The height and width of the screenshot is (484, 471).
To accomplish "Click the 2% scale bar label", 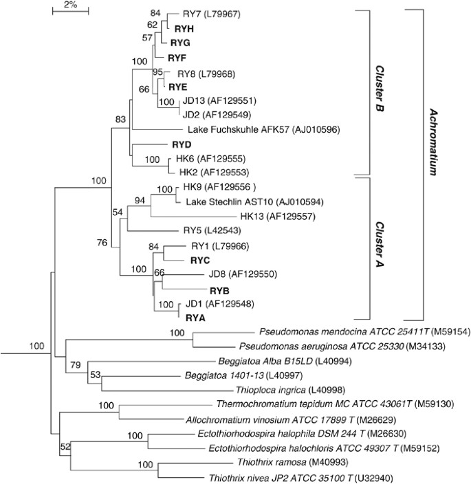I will (69, 5).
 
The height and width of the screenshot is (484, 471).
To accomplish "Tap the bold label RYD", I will (181, 145).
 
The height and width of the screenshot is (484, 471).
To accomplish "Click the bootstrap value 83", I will (121, 120).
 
